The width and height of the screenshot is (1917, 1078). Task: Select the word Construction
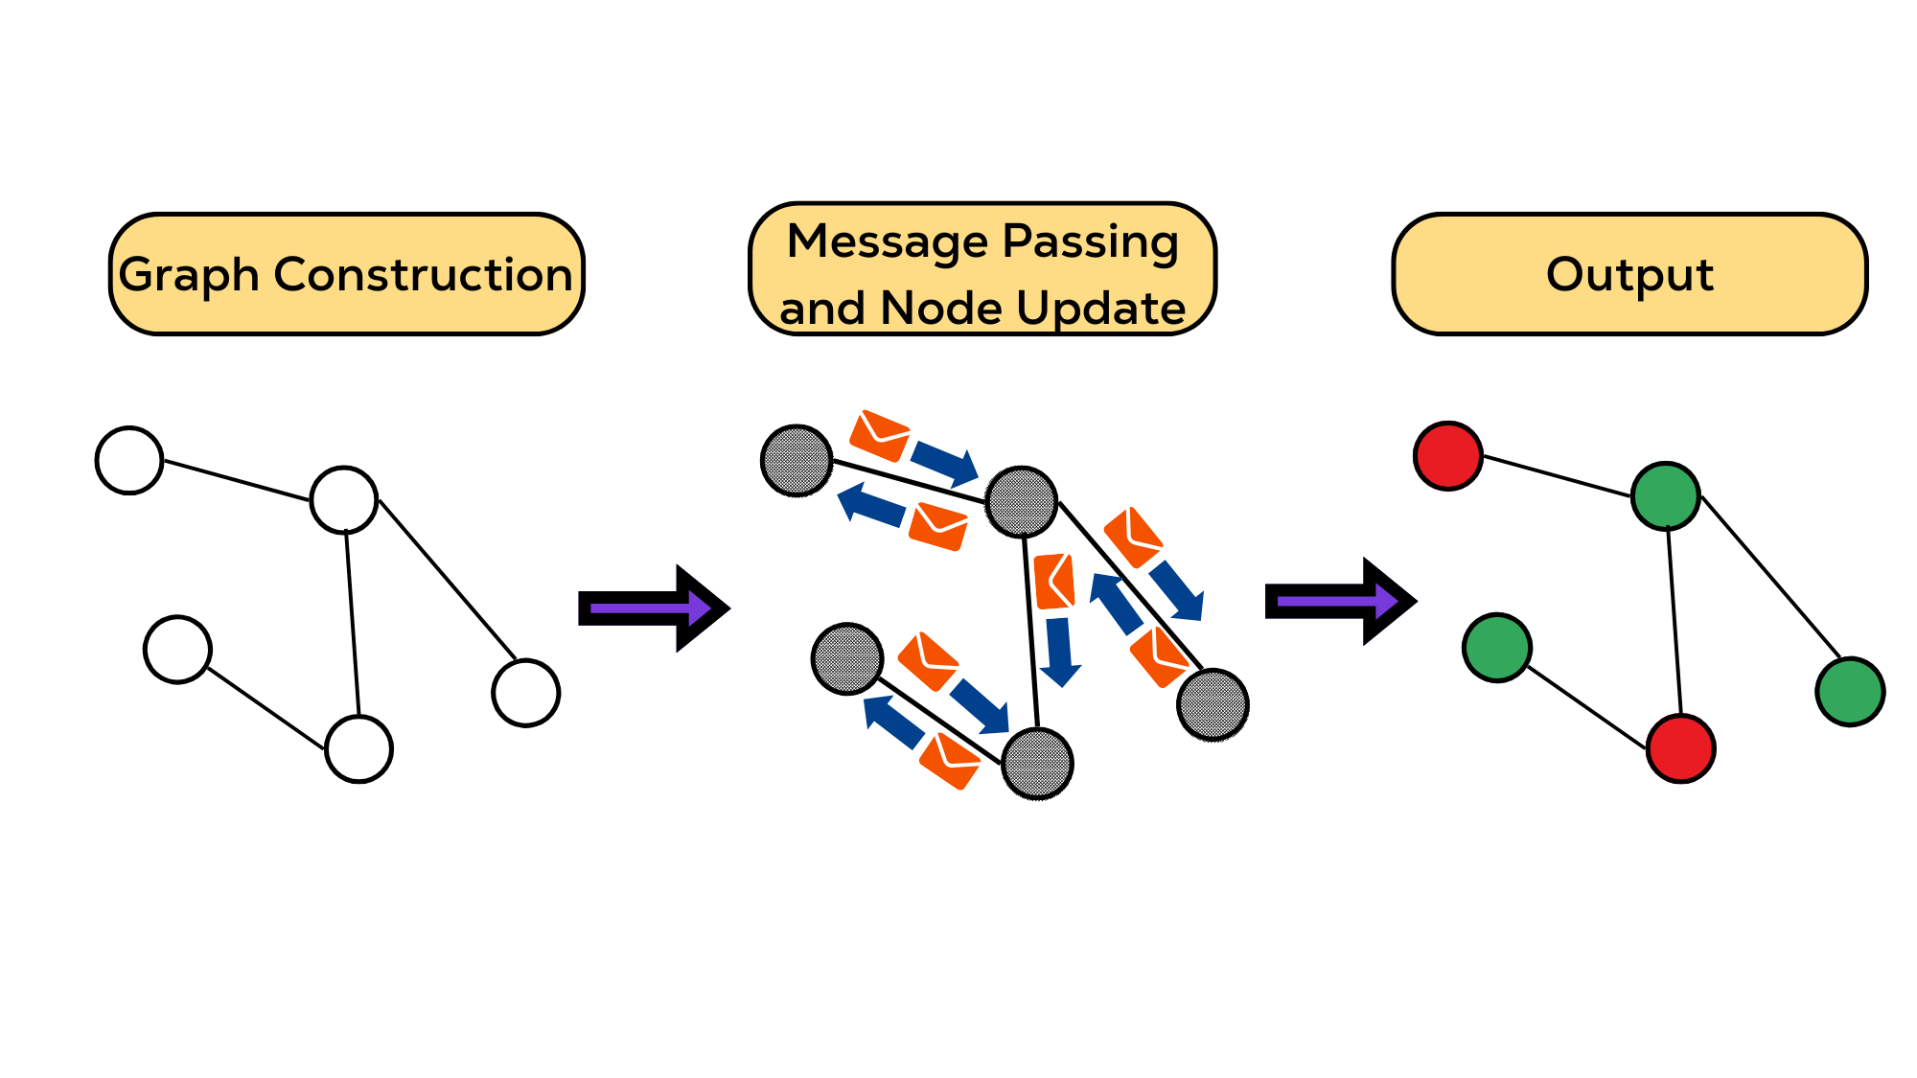click(423, 275)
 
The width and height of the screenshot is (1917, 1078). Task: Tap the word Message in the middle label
click(888, 241)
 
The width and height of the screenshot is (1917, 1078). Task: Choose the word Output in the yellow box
click(1629, 274)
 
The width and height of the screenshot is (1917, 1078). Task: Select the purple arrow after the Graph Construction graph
click(653, 608)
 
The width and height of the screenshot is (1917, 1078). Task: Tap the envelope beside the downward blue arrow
click(1054, 581)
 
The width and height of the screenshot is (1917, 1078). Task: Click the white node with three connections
click(344, 499)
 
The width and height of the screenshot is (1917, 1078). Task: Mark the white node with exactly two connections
click(358, 748)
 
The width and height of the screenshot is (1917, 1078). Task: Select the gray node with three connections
click(1022, 501)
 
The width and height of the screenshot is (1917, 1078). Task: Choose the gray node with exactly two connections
click(1037, 764)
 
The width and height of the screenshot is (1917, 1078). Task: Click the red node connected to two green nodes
click(1680, 748)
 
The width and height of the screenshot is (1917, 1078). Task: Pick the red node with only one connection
click(1448, 456)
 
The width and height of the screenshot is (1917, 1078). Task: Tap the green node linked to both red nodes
click(1666, 495)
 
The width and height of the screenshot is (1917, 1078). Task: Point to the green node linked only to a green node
click(1850, 691)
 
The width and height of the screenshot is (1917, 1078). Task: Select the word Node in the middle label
click(939, 308)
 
